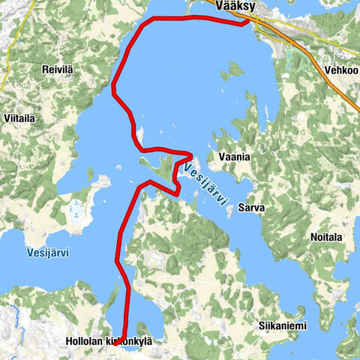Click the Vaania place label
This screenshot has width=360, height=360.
point(233,157)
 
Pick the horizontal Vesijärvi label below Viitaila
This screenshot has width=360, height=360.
point(47,253)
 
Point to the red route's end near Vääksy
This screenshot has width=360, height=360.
point(248,22)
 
